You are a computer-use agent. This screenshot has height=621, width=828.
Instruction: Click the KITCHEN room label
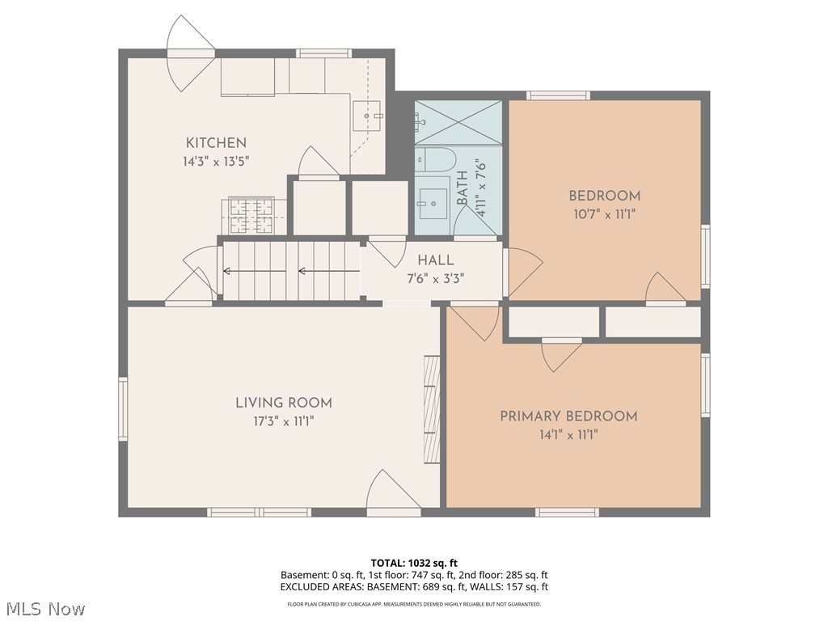point(216,143)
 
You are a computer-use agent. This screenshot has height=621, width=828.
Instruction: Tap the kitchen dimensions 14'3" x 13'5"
point(216,161)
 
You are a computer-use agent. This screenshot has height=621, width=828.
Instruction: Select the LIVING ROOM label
point(283,403)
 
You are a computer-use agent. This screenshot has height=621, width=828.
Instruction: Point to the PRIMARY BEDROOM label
point(568,416)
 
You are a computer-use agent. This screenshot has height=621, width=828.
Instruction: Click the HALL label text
point(435,260)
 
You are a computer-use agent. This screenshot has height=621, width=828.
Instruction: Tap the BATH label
point(462,188)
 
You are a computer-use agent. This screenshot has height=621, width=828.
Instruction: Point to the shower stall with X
point(458,122)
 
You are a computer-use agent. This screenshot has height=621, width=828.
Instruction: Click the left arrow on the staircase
point(306,272)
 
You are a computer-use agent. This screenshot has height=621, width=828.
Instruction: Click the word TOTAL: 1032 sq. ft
point(413,563)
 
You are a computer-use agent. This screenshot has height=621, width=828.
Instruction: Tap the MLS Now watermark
point(45,608)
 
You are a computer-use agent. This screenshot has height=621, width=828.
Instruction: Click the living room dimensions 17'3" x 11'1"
point(283,421)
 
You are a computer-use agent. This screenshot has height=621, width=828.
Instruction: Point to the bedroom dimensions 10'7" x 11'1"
point(604,214)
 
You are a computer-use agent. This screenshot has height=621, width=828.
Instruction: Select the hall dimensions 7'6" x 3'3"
point(435,278)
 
